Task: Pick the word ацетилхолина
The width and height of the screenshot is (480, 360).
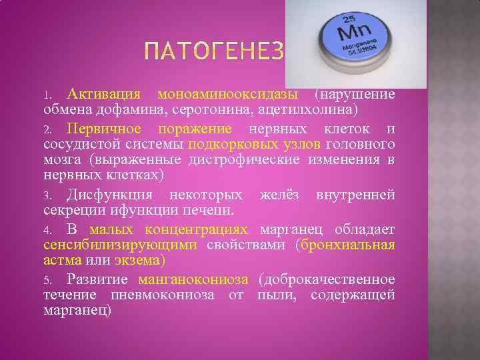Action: pyautogui.click(x=315, y=109)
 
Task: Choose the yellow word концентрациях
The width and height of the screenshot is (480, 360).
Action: pyautogui.click(x=196, y=229)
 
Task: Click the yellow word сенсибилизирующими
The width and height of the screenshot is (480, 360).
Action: pyautogui.click(x=121, y=245)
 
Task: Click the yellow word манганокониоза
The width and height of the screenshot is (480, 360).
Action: pyautogui.click(x=193, y=279)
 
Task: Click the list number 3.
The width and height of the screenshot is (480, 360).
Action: pyautogui.click(x=48, y=196)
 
